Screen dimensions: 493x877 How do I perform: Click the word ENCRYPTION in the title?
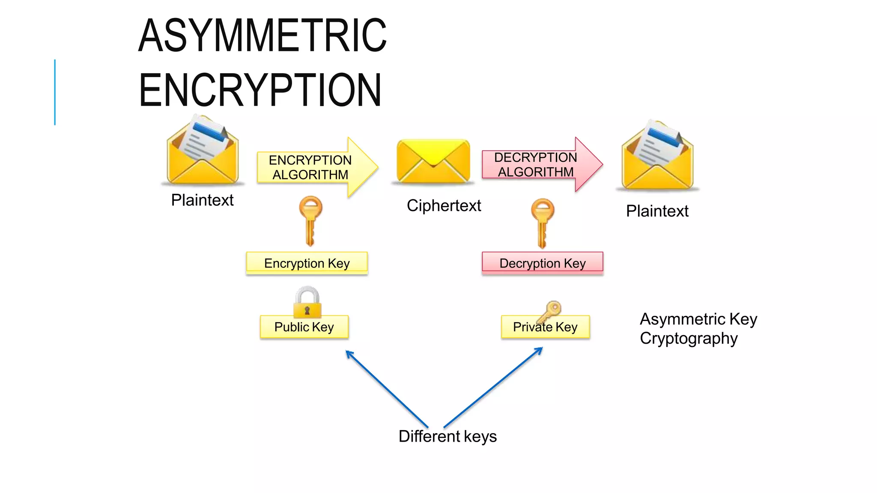260,90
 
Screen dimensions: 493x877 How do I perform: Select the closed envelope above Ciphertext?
433,160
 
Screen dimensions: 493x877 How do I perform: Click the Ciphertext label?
444,206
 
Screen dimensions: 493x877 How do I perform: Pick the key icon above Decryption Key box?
542,222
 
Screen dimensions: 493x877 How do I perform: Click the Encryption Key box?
307,263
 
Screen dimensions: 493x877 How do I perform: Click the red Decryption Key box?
542,263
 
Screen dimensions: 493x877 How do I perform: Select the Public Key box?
304,327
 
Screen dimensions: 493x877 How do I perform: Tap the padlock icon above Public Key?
307,301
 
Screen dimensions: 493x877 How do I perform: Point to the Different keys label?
447,437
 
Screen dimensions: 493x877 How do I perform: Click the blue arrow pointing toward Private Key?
492,387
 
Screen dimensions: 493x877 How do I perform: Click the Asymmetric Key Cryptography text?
698,329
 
